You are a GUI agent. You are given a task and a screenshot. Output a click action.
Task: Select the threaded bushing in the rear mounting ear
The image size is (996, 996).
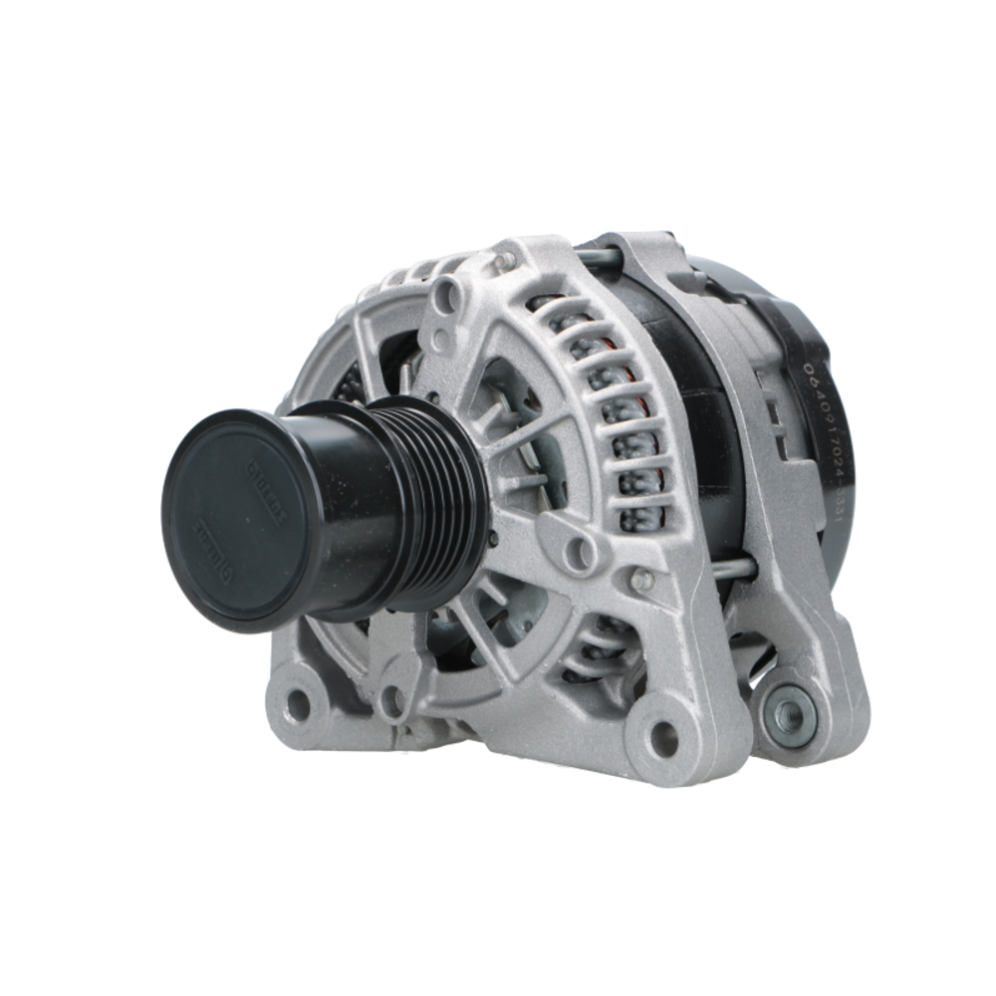791,712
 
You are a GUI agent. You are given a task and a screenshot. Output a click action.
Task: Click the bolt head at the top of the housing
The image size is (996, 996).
506,261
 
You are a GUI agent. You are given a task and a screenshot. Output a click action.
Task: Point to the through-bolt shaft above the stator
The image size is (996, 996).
599,258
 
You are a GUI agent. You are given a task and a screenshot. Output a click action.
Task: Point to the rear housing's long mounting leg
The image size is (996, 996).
787,558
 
